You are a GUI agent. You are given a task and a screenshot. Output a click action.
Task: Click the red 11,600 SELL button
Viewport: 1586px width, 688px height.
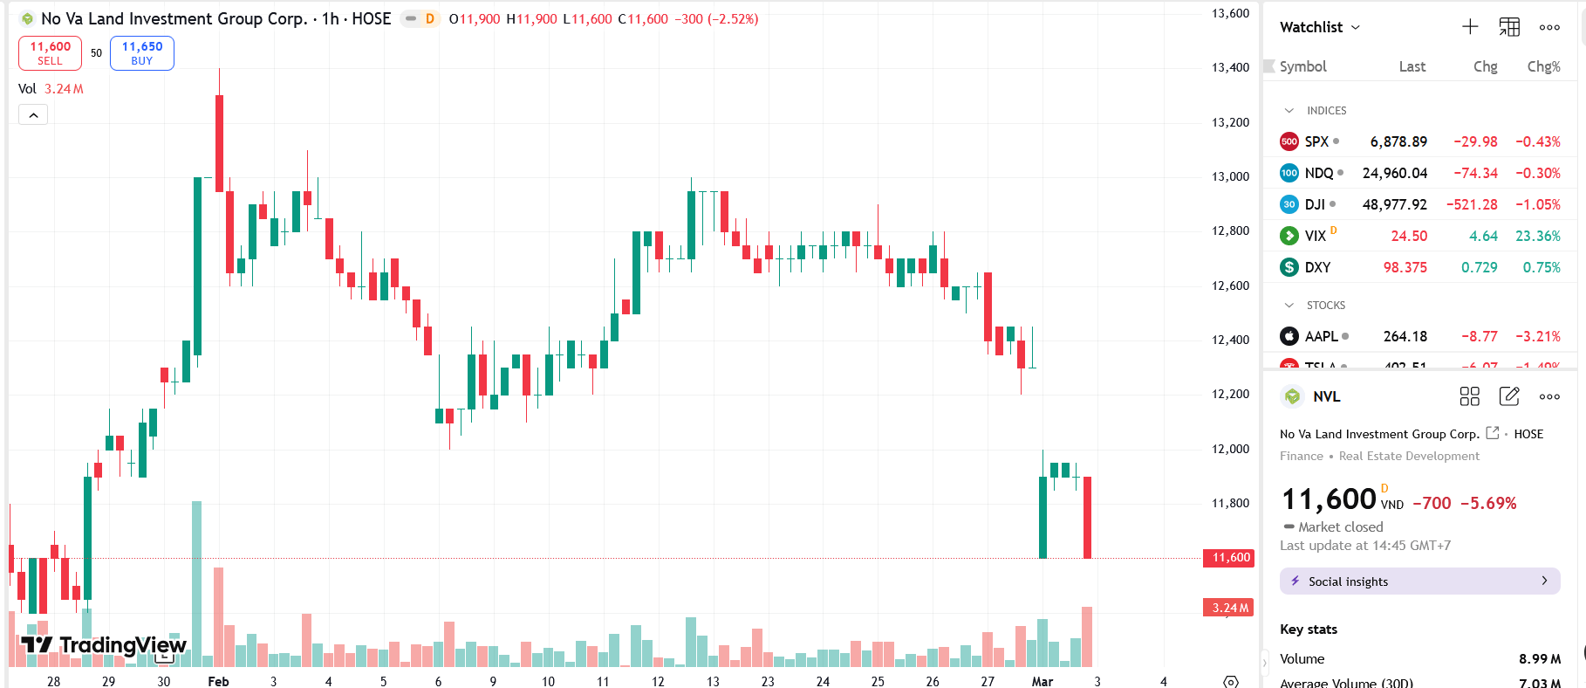tap(50, 53)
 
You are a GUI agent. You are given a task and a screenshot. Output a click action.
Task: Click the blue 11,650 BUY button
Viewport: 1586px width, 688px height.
tap(141, 53)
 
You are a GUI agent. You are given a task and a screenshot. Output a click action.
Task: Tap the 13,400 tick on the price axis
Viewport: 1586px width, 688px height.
tap(1230, 67)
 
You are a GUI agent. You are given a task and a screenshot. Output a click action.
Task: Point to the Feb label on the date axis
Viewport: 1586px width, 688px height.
tap(218, 681)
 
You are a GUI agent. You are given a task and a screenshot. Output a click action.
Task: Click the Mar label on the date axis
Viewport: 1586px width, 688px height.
tap(1042, 681)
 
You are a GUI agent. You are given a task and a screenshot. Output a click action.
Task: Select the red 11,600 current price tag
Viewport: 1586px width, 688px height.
tap(1230, 557)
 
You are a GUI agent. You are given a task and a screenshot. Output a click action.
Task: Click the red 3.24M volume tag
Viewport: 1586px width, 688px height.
tap(1230, 608)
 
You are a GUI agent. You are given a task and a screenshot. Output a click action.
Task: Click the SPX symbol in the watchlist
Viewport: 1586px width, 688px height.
tap(1316, 141)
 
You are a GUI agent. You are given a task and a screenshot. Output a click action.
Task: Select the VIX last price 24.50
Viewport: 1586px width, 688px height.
tap(1409, 236)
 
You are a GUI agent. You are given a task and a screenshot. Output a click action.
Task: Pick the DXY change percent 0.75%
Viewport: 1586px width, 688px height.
tap(1542, 267)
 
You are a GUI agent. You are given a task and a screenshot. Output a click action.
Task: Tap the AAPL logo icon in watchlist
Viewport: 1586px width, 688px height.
tap(1289, 336)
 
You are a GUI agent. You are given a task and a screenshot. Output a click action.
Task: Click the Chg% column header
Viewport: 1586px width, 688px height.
tap(1543, 66)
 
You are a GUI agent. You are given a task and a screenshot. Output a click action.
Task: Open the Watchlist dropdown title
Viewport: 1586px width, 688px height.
tap(1319, 27)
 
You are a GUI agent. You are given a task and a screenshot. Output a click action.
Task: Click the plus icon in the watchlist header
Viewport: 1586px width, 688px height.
tap(1470, 27)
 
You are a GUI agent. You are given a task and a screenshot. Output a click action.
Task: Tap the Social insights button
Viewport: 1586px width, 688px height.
tap(1419, 581)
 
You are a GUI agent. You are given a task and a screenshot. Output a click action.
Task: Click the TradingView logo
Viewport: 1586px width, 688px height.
tap(104, 645)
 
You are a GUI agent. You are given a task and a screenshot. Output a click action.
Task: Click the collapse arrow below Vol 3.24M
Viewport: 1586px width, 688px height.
tap(33, 115)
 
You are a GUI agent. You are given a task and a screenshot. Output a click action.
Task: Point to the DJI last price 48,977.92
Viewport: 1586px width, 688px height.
tap(1394, 204)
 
